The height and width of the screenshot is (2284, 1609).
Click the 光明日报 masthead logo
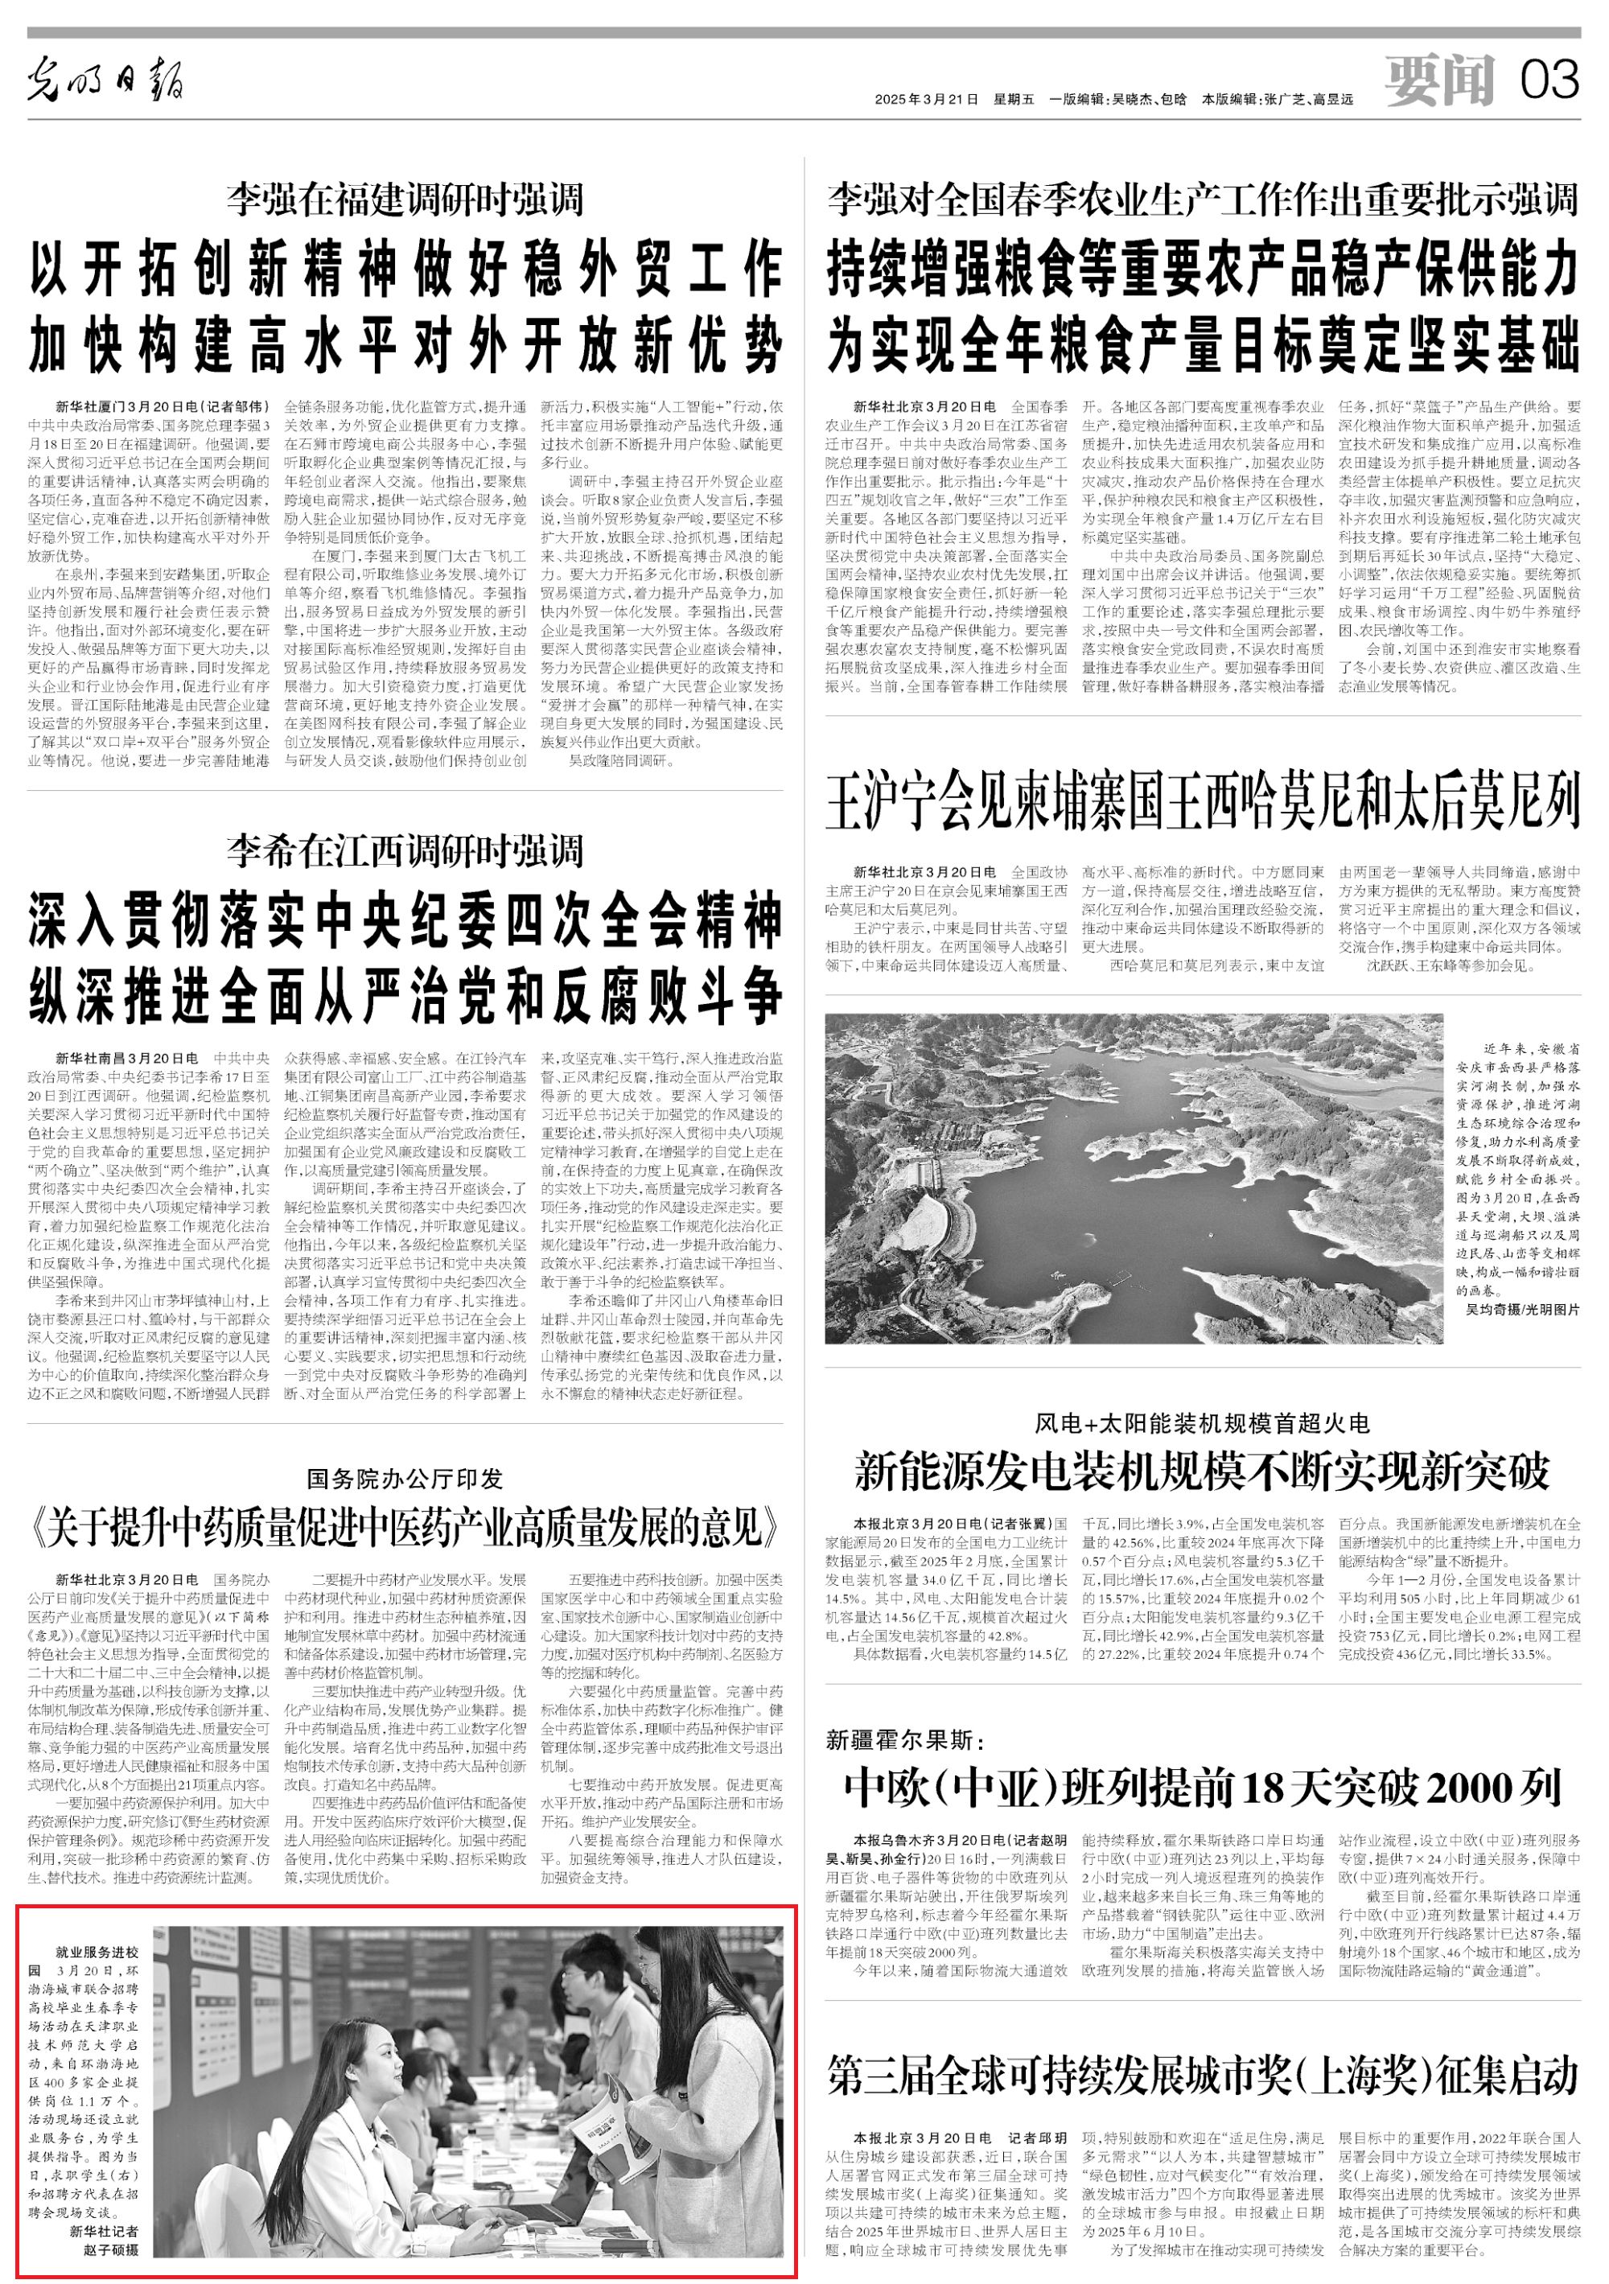(105, 80)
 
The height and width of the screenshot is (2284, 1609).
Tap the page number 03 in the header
(1549, 80)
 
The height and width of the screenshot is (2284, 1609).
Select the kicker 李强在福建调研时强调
(404, 200)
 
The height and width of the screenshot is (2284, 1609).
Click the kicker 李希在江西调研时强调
(404, 850)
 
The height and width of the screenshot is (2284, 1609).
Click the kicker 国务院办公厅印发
(404, 1479)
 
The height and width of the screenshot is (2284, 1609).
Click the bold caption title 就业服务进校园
(97, 1961)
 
